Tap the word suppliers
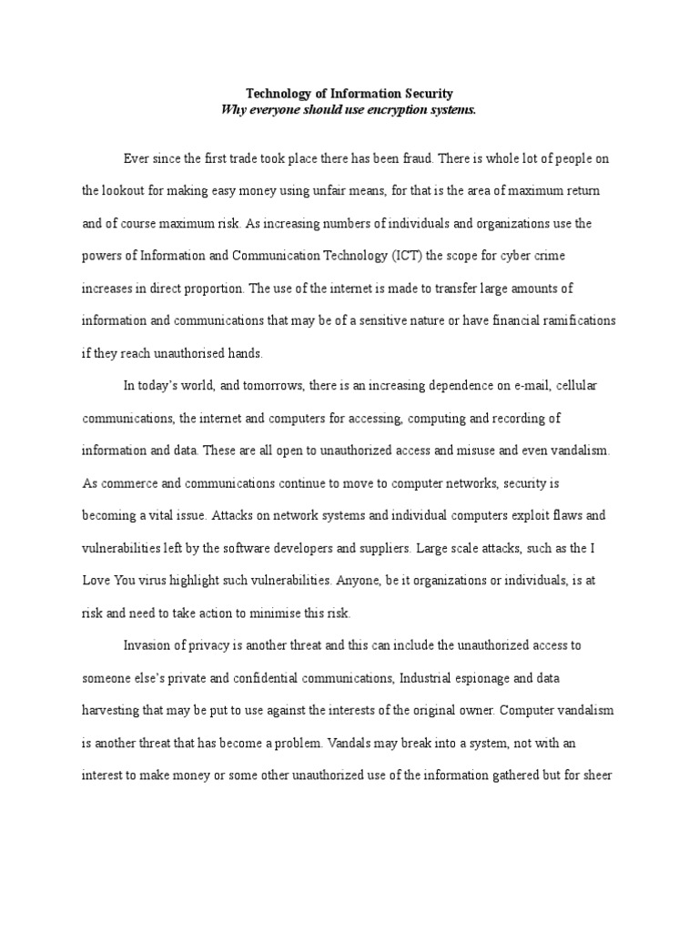tap(461, 547)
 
